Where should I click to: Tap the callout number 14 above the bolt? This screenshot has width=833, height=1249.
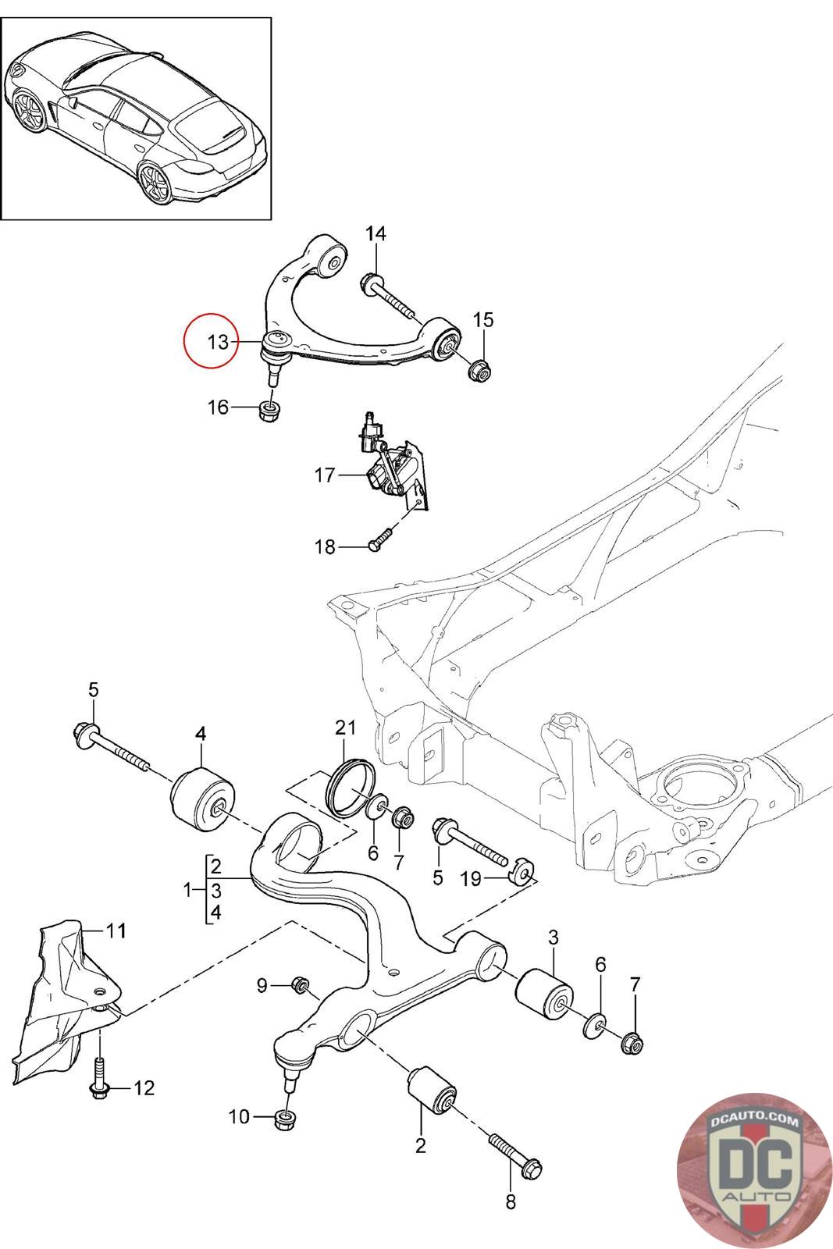click(x=376, y=233)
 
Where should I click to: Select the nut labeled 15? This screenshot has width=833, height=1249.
click(x=480, y=371)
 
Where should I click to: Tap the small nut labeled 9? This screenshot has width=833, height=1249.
click(x=300, y=985)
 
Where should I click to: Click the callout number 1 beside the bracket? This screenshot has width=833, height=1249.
click(x=187, y=889)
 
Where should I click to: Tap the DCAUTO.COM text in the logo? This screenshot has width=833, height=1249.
click(x=755, y=1121)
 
